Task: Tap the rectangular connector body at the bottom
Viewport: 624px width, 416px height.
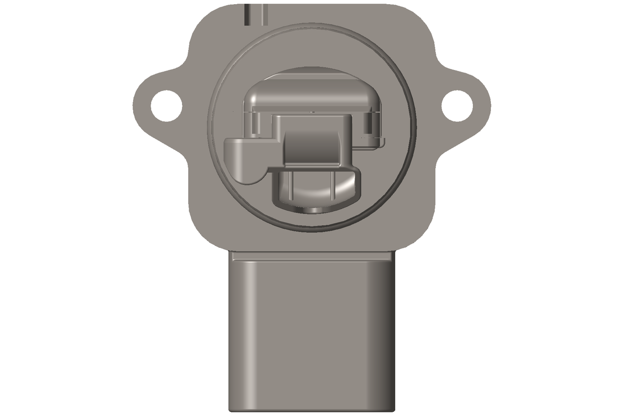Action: (x=312, y=334)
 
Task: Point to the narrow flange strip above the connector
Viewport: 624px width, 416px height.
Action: (x=312, y=256)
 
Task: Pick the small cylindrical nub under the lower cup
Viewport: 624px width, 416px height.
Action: (x=312, y=210)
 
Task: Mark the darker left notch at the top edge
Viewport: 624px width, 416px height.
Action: (x=247, y=14)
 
